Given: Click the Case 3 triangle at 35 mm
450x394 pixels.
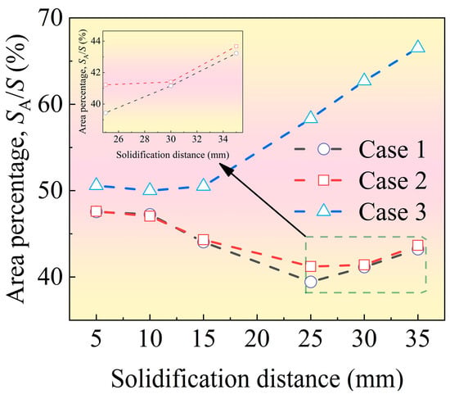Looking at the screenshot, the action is point(418,47).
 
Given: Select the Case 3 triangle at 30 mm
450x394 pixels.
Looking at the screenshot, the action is point(364,80).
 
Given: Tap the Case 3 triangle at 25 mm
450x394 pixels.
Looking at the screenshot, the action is point(311,117).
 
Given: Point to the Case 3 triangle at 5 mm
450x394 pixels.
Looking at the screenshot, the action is point(97,184).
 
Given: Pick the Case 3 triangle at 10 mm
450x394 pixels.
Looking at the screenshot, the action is point(150,189).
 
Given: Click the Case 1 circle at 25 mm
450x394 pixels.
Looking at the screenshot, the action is point(311,282).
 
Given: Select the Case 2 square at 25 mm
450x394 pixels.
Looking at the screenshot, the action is point(311,266).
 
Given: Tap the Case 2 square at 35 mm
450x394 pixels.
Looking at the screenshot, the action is point(418,246).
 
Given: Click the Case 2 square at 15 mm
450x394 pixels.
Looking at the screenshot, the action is point(204,239).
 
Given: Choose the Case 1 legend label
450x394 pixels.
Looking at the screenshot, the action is point(392,149).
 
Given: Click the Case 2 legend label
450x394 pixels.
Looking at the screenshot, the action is point(392,181).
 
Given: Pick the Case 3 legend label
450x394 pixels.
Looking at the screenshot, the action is point(392,212).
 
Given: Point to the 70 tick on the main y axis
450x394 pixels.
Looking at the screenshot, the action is point(51,18).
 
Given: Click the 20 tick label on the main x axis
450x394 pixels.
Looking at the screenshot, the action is point(257,338).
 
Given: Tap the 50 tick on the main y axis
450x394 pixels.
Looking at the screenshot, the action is point(51,190).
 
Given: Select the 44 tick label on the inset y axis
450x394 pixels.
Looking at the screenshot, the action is point(93,41).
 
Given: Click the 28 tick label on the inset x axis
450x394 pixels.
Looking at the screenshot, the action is point(145,139).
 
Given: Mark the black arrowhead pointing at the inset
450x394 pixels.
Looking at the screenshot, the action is point(227,170).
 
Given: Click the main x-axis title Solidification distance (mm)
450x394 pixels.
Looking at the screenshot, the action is point(257,379).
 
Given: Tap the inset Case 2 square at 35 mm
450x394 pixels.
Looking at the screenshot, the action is point(236,46).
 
